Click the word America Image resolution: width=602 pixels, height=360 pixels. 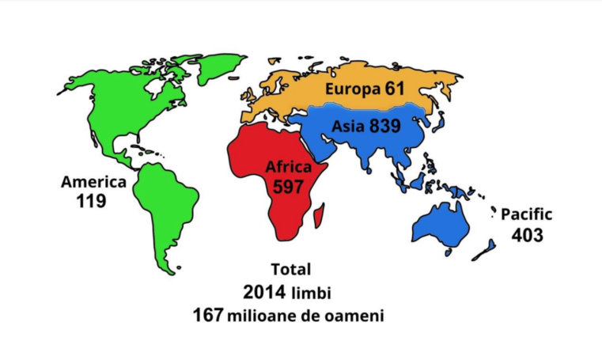tap(93, 182)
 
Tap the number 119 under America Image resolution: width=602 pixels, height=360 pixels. tap(92, 201)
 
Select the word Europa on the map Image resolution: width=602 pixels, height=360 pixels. tap(354, 89)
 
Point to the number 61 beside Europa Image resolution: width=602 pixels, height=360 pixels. tap(396, 89)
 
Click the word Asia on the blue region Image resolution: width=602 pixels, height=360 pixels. tap(348, 126)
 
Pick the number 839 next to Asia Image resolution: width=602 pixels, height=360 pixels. tap(384, 126)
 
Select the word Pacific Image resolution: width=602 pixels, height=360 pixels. tap(526, 214)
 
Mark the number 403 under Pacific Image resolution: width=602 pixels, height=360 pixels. tap(528, 234)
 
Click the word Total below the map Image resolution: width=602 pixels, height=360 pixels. tap(291, 269)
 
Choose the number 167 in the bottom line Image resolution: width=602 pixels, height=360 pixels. tap(208, 315)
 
